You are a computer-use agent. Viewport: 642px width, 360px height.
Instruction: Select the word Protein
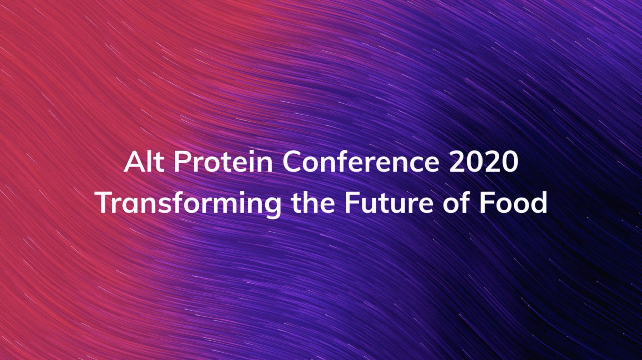pos(223,162)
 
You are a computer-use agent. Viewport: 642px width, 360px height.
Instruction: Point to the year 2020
pos(484,162)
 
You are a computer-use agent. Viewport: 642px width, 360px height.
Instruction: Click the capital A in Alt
pos(134,162)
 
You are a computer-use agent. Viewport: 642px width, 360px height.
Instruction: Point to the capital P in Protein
pos(182,162)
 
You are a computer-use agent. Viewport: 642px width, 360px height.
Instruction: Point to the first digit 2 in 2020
pos(457,162)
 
